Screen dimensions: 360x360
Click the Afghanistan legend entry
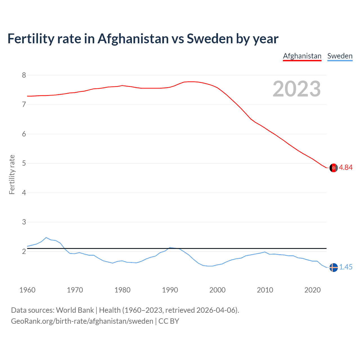click(x=302, y=56)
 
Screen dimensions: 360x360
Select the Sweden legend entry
click(x=340, y=56)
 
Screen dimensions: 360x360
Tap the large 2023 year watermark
click(x=296, y=89)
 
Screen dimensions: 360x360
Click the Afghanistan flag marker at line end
click(x=334, y=168)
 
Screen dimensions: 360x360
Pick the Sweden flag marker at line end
click(x=334, y=267)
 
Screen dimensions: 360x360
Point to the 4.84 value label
click(x=346, y=168)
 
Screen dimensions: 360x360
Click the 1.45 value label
click(x=346, y=267)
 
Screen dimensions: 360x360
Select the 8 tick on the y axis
click(x=24, y=75)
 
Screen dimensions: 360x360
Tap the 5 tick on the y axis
click(x=24, y=163)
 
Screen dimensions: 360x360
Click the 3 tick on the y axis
click(x=24, y=222)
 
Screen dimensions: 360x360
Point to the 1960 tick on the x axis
click(x=27, y=290)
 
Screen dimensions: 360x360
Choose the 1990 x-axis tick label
click(x=170, y=290)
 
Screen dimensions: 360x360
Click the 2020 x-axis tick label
click(x=312, y=290)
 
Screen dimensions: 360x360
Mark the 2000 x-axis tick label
click(x=217, y=290)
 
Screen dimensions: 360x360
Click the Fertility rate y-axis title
click(x=12, y=174)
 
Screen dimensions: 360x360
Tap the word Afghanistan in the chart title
click(x=133, y=39)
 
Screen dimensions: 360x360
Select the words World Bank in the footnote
click(x=75, y=310)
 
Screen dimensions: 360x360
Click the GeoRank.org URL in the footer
click(x=82, y=321)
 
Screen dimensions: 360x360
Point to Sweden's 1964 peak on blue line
click(x=46, y=237)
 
